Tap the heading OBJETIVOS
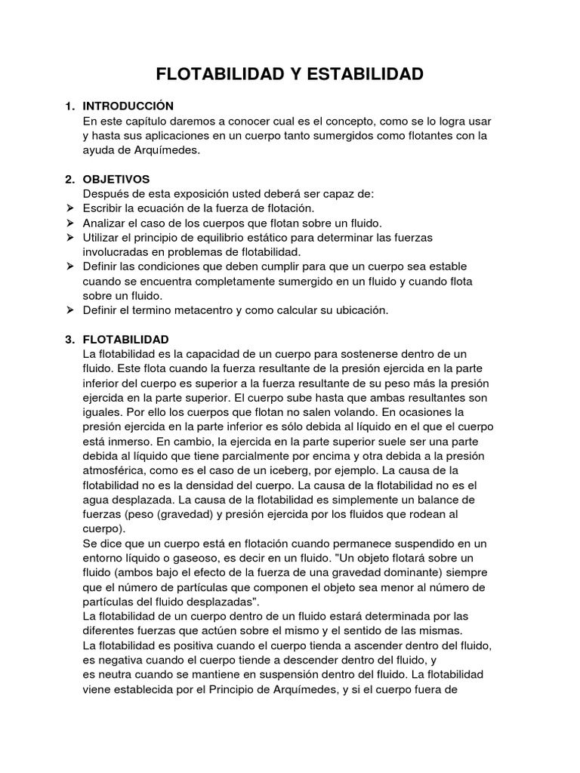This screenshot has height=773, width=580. [116, 179]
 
